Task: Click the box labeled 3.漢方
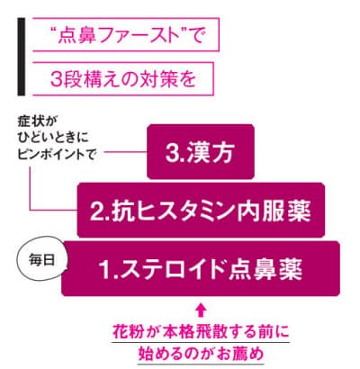coord(201,152)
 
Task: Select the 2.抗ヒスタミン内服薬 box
coord(201,210)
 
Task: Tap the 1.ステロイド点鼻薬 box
coord(201,268)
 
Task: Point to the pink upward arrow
coord(201,310)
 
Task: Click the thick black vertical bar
coord(22,57)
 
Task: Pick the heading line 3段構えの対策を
coord(123,79)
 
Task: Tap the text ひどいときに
coord(53,139)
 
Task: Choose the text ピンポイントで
coord(57,155)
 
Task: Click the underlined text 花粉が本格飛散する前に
coord(201,332)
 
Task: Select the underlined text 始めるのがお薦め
coord(201,353)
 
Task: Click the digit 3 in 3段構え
coord(56,80)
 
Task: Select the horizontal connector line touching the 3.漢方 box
coord(125,151)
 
